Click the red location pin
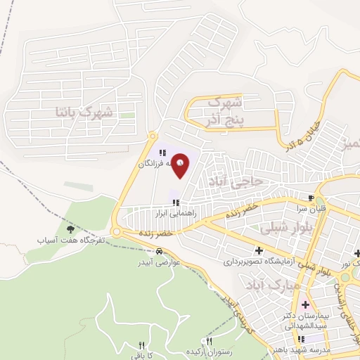click(x=181, y=165)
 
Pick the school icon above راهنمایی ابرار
click(x=166, y=202)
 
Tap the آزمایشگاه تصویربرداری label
click(x=259, y=261)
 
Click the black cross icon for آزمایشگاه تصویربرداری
click(x=259, y=250)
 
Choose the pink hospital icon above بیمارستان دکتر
click(x=305, y=305)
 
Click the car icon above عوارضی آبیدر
click(x=160, y=251)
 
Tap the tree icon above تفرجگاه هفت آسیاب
click(x=69, y=229)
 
